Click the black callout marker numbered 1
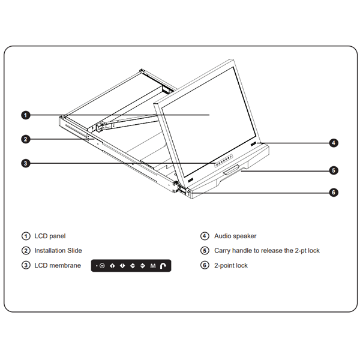[26, 115]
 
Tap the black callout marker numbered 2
[26, 139]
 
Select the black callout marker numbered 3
[26, 163]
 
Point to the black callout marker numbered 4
[334, 143]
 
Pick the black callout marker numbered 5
[334, 170]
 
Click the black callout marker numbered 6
[334, 192]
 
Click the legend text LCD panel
[50, 236]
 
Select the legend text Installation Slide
[58, 250]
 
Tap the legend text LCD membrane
[58, 265]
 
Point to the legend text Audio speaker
[235, 236]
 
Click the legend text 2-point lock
[231, 265]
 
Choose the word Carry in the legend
[222, 250]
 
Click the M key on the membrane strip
[153, 266]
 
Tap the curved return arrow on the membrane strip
[163, 266]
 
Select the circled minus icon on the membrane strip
[102, 266]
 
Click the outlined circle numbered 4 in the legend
[205, 236]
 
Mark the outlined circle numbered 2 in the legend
[26, 250]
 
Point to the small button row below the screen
[224, 161]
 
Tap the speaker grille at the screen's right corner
[253, 144]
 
